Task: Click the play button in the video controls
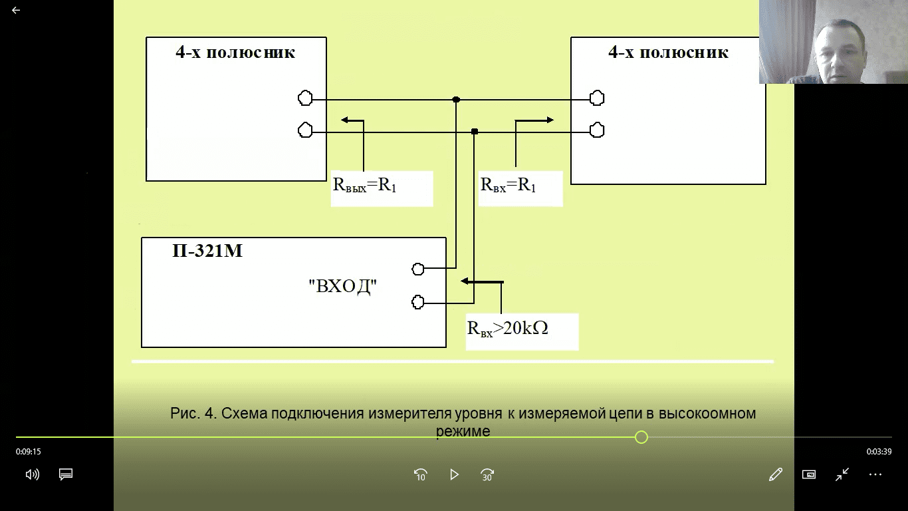(454, 474)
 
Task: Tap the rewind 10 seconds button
(420, 475)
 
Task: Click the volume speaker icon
(32, 474)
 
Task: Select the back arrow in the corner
(16, 10)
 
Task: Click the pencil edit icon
(776, 474)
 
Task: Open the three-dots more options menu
(875, 474)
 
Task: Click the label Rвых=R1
(364, 186)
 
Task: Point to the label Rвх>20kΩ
(507, 329)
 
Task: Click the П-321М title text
(207, 251)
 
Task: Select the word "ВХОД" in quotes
(342, 286)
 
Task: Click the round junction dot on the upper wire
(456, 99)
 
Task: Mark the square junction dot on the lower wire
(475, 132)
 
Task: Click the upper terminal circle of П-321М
(418, 269)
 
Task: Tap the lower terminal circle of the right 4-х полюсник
(597, 130)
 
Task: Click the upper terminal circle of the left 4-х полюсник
(305, 98)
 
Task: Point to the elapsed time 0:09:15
(29, 451)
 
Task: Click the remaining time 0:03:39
(879, 451)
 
